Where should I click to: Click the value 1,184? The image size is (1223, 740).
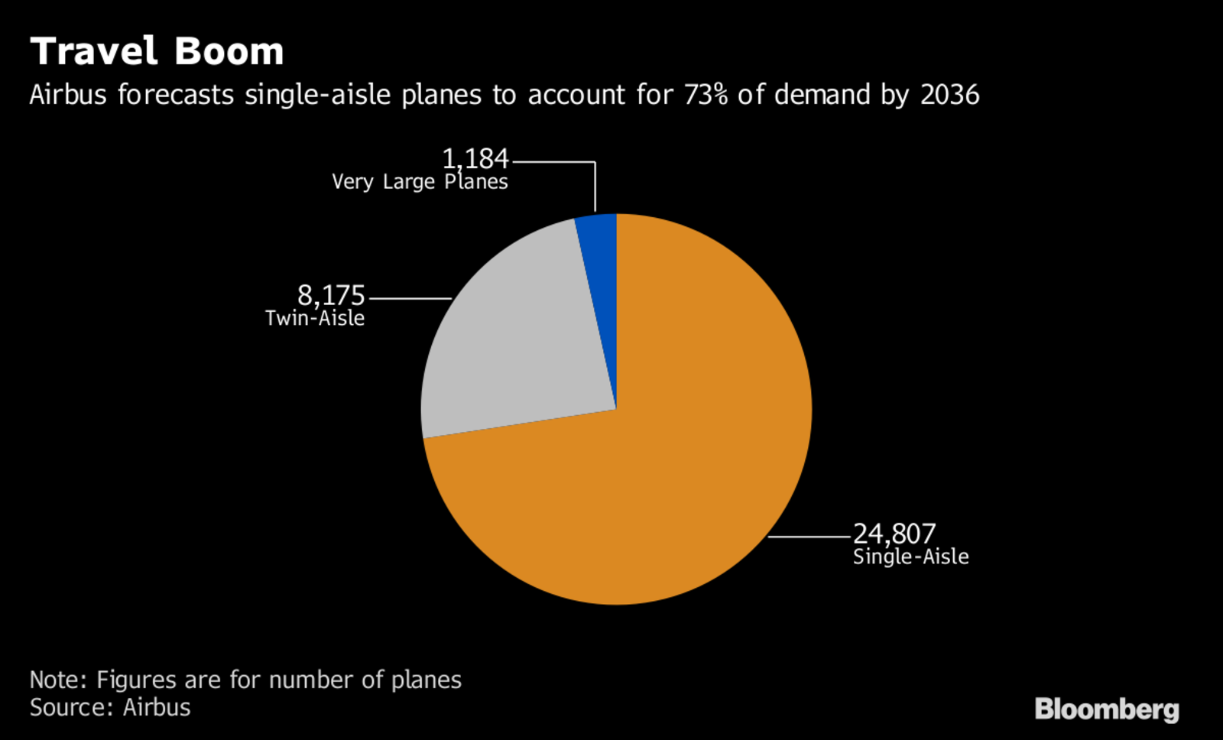coord(475,159)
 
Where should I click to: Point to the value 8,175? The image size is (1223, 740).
coord(331,295)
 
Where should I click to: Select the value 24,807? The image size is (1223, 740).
coord(894,533)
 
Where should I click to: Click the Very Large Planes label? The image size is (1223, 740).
coord(420,182)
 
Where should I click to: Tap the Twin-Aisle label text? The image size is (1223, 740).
coord(315,318)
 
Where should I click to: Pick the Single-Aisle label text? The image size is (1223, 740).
coord(910,557)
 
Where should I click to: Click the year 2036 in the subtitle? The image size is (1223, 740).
coord(949,95)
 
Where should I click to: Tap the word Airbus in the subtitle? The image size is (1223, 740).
coord(68,95)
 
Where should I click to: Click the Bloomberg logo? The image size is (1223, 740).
coord(1106,709)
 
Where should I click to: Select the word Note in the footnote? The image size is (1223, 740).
coord(58,680)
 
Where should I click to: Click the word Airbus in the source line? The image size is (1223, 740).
coord(157,707)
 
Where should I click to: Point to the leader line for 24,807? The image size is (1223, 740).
coord(810,537)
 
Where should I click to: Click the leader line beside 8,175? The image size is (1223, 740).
coord(410,298)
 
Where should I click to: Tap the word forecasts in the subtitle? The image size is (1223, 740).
coord(176,95)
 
